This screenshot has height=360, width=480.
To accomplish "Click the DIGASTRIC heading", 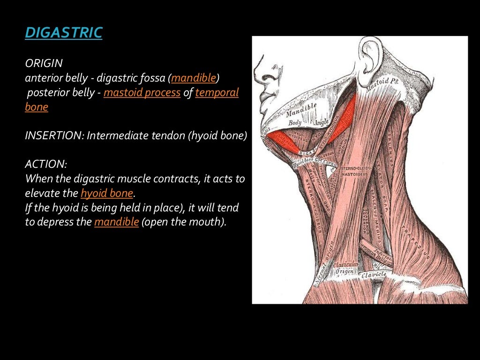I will [x=63, y=33].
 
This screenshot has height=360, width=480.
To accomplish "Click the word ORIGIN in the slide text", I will [x=44, y=63].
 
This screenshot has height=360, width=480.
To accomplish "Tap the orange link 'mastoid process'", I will [x=142, y=93].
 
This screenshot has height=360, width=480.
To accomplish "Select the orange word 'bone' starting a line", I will [x=37, y=107].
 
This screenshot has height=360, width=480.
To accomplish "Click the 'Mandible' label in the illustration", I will [x=301, y=111].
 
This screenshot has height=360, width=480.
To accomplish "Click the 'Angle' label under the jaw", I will [x=321, y=121].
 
